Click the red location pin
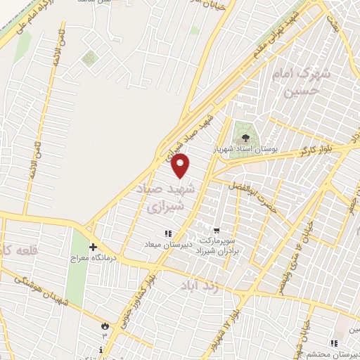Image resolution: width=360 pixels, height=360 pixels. point(181,166)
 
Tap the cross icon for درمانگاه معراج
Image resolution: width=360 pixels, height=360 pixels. point(93,247)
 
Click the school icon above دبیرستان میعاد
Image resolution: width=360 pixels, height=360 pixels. point(167,233)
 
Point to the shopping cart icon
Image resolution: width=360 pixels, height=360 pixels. point(216,229)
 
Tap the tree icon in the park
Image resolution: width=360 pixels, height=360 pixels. point(245,138)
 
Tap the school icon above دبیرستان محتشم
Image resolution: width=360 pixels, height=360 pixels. point(335,343)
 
